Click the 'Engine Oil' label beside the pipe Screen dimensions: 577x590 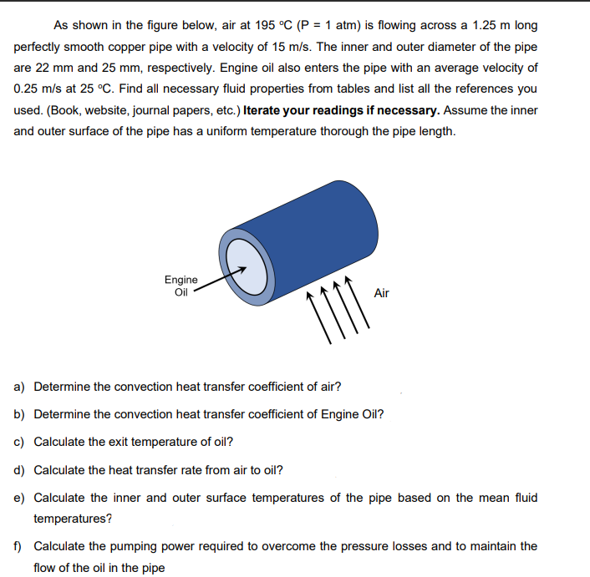[181, 286]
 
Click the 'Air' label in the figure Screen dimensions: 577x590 [381, 293]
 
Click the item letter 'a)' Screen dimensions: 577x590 [19, 387]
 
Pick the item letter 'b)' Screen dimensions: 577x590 [19, 414]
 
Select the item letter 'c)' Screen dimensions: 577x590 [19, 442]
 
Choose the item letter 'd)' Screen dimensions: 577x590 [19, 469]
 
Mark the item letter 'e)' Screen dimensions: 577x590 [19, 498]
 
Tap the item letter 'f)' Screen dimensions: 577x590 [18, 546]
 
